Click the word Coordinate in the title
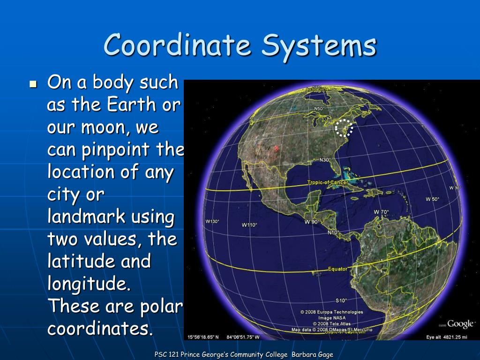[178, 45]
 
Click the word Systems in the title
[319, 45]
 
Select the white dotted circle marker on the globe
[344, 127]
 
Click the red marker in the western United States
[276, 149]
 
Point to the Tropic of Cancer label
[328, 182]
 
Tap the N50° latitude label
[319, 109]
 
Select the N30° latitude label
[325, 160]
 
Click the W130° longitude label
[212, 221]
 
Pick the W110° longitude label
[249, 225]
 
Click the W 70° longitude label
[381, 212]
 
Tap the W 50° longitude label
[432, 199]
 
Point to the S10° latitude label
[341, 300]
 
